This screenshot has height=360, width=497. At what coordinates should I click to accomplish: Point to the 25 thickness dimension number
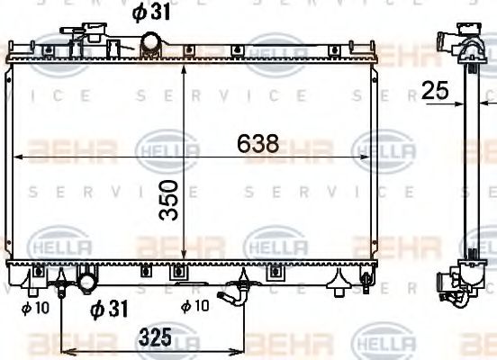pos(437,90)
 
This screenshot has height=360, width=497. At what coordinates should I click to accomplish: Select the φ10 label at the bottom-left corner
pos(33,307)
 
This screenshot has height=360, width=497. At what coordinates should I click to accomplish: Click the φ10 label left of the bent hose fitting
pos(194,306)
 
